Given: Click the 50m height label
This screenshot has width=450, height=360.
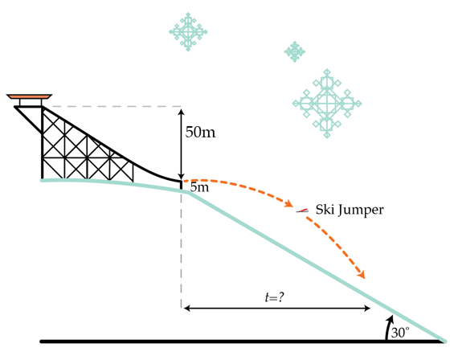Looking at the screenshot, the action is click(x=200, y=133).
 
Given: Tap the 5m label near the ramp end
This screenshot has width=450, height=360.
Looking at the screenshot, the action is click(x=199, y=187).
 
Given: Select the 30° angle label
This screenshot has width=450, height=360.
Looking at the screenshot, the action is click(x=400, y=333).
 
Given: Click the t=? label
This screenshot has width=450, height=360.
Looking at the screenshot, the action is click(x=275, y=297).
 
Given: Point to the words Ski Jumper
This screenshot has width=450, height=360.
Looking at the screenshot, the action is click(x=350, y=210).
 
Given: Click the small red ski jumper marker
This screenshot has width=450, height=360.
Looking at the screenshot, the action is click(x=302, y=211).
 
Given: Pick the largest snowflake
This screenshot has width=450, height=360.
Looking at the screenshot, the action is click(x=327, y=104).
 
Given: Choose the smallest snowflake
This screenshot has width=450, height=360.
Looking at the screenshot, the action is click(x=294, y=51).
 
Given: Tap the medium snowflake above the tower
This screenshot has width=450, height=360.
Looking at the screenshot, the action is click(x=188, y=32).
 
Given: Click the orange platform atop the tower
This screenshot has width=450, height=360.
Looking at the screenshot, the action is click(x=29, y=96).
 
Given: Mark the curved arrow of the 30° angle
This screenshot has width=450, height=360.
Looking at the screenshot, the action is click(x=389, y=327).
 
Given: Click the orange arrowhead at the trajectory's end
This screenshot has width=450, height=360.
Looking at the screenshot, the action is click(x=361, y=274).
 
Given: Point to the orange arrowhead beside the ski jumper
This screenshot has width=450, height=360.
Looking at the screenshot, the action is click(x=288, y=203).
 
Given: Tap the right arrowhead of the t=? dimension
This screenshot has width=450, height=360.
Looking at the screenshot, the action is click(x=366, y=309).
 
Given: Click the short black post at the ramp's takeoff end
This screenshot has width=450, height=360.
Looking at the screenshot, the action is click(x=181, y=185).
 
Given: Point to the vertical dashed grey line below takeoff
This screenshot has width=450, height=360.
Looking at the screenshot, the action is click(x=181, y=248).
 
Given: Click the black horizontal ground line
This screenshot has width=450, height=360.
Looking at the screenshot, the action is click(x=243, y=342).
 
